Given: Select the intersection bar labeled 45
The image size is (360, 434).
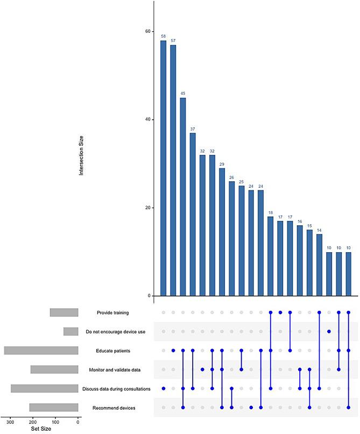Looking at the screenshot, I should [x=183, y=197].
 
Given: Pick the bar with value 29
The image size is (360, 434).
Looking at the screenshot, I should [x=222, y=232].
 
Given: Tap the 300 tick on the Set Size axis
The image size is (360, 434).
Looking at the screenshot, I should [x=10, y=422].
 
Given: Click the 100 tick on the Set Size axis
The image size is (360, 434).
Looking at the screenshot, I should [x=55, y=422].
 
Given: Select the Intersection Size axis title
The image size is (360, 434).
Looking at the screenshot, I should [x=81, y=156].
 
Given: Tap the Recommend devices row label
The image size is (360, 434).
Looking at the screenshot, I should [x=116, y=408].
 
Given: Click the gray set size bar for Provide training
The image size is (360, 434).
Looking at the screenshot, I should [x=64, y=312].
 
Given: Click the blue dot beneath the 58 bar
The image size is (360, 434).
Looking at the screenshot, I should [x=163, y=388].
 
